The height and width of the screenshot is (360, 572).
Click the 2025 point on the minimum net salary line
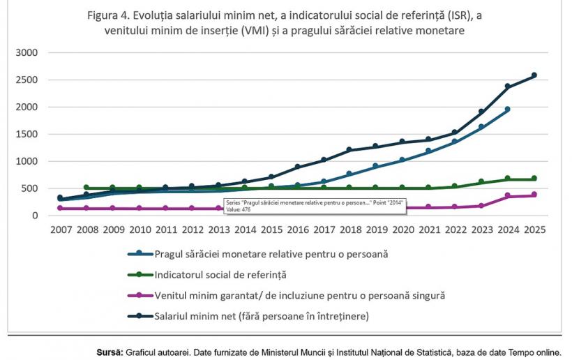[x=534, y=75]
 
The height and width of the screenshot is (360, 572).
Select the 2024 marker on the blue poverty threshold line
[x=507, y=110]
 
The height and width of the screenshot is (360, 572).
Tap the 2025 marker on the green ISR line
[x=534, y=179]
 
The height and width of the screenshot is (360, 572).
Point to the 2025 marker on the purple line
[x=534, y=195]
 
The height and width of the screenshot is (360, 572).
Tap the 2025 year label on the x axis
[x=534, y=229]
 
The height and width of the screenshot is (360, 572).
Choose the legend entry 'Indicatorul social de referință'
[x=221, y=275]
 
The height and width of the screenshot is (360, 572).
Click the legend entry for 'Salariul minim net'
[x=262, y=316]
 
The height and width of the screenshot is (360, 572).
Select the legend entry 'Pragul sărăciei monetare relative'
[x=271, y=255]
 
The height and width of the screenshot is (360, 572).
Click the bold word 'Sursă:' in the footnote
[x=110, y=352]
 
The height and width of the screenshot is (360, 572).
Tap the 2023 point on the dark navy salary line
[x=481, y=112]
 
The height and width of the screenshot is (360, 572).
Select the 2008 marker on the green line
[x=86, y=188]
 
